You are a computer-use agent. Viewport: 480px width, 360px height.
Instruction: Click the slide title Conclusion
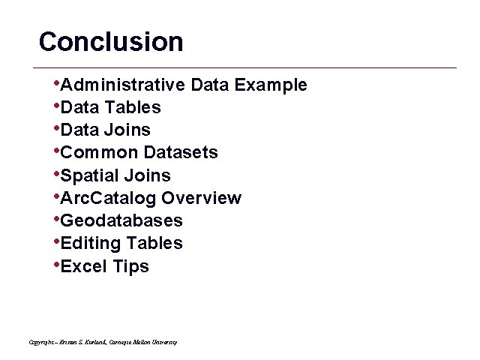111,42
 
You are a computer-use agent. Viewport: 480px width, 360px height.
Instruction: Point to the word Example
271,85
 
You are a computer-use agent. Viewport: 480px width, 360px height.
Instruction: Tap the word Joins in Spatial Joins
148,176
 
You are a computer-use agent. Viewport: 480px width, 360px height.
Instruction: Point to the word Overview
201,199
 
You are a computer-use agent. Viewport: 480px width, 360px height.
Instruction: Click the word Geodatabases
121,221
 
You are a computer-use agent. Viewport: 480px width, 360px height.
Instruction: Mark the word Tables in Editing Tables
154,244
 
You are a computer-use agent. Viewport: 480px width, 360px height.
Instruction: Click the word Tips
130,267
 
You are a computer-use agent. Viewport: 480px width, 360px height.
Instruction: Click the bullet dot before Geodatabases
56,219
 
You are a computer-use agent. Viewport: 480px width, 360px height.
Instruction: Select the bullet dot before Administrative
56,82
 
